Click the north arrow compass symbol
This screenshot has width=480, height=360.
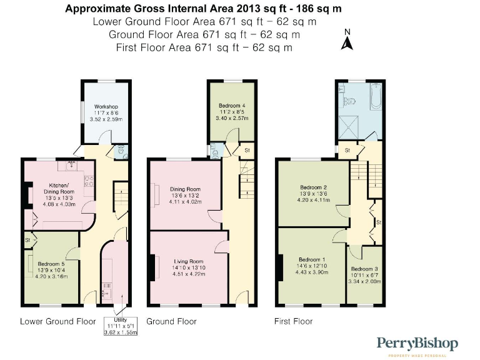click(x=348, y=41)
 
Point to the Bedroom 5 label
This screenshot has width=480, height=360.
click(x=51, y=264)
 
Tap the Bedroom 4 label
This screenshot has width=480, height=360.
click(x=231, y=106)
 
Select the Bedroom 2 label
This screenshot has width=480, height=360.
click(x=313, y=187)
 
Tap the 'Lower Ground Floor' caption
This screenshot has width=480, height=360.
click(x=57, y=321)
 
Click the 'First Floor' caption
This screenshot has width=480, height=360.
click(x=293, y=321)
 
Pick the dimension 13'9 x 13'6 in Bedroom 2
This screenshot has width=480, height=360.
click(x=313, y=194)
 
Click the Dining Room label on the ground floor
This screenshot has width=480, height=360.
click(x=184, y=189)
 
